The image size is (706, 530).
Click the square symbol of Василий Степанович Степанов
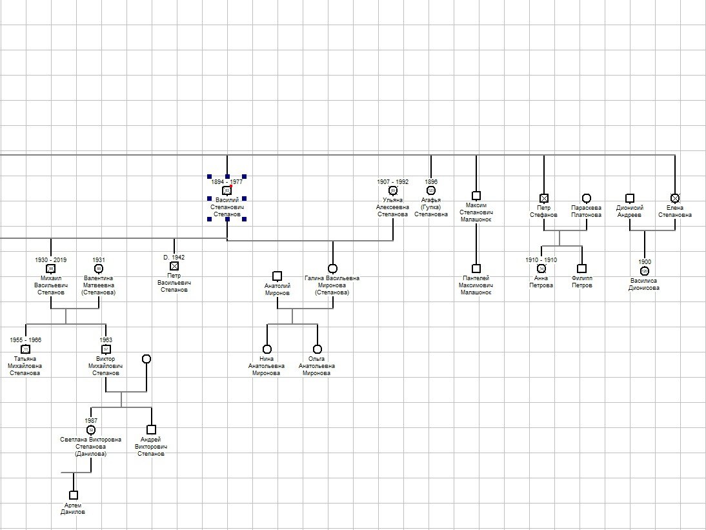pos(227,191)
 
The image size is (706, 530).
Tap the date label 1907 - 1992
pos(393,182)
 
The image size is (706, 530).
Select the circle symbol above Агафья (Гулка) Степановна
pos(431,190)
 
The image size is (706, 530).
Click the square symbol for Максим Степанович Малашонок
pos(476,196)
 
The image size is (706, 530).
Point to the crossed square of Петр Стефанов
pos(544,199)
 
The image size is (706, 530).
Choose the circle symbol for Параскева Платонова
pos(586,198)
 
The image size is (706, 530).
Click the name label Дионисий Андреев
pos(629,212)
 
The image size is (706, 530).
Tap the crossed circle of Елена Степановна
pos(675,198)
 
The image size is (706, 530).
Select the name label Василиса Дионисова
pos(644,285)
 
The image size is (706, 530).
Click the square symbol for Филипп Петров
pos(581,269)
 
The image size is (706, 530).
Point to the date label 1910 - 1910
pos(541,260)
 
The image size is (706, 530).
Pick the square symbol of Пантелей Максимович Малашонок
pos(476,269)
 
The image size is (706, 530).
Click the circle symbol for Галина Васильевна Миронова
pos(332,269)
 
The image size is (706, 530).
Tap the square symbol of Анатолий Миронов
pos(277,276)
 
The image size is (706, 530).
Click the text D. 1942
pos(174,258)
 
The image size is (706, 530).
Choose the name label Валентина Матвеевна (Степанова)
pos(99,285)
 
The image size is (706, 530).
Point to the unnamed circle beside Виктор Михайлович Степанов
pos(146,359)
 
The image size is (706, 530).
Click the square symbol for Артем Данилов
pos(74,495)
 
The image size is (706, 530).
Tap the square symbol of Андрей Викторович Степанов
pos(151,429)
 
